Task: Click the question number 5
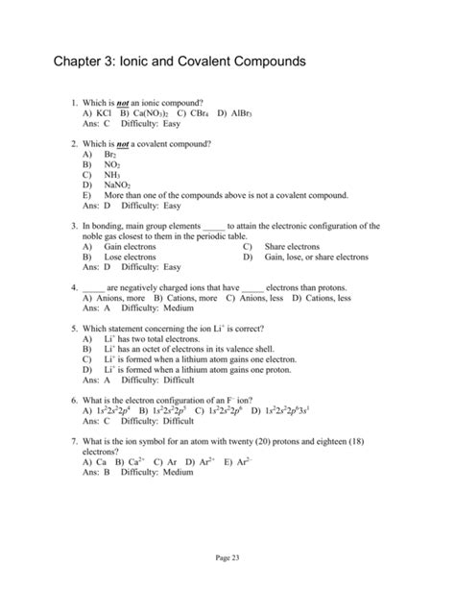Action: (74, 329)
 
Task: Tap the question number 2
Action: (74, 142)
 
